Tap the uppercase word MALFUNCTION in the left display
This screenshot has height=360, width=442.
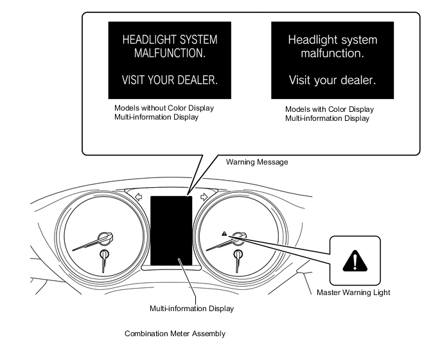click(x=170, y=53)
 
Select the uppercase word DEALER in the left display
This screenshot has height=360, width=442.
click(x=193, y=80)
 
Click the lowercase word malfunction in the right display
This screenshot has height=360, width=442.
click(x=332, y=53)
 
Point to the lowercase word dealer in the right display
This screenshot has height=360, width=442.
click(x=358, y=80)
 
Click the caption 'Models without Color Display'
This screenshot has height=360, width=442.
click(x=164, y=108)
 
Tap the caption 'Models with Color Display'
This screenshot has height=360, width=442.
click(x=330, y=109)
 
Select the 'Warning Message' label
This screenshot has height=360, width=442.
click(x=257, y=162)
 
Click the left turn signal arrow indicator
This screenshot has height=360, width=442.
click(x=138, y=197)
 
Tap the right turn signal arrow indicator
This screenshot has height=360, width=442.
click(x=204, y=197)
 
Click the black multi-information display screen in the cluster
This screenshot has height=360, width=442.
click(x=171, y=231)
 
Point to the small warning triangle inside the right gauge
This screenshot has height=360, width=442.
click(x=224, y=233)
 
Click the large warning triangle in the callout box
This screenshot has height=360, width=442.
click(x=355, y=261)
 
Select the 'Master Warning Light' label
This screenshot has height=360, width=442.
click(x=353, y=292)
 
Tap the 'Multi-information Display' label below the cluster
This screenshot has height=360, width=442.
click(x=191, y=309)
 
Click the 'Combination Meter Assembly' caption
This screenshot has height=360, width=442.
click(x=175, y=334)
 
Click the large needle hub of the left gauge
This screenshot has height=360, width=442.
click(x=105, y=239)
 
